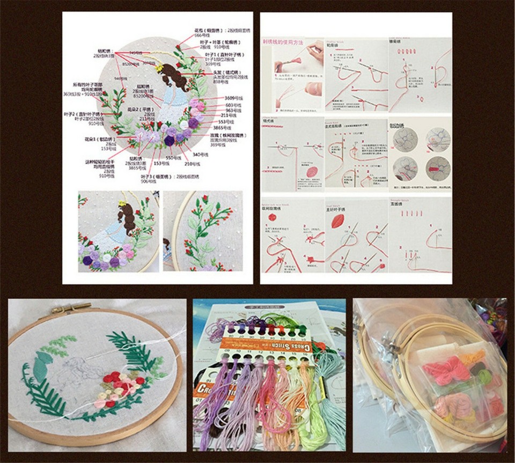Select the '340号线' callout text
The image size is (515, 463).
[x=200, y=154]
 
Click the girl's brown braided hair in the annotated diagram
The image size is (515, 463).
[x=175, y=77]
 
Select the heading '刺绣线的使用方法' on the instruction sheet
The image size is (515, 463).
[x=283, y=41]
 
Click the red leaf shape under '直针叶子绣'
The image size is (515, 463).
[x=338, y=221]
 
